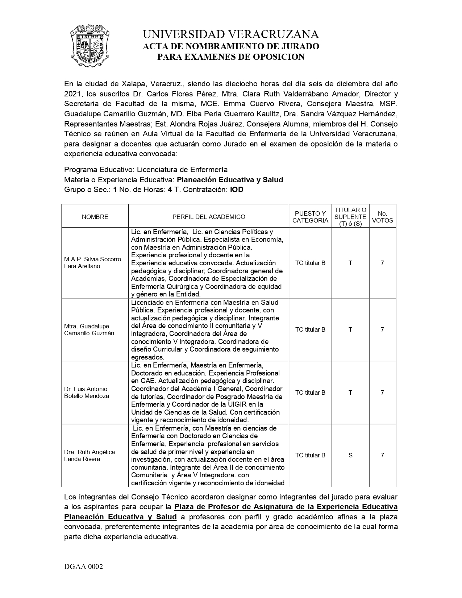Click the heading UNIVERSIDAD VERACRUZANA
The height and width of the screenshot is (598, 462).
[230, 34]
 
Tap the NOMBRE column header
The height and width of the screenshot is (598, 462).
[95, 217]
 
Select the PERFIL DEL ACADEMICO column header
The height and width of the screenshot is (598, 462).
[209, 217]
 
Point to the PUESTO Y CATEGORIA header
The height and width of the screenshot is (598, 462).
[310, 217]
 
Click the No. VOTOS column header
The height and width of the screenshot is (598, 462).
[382, 217]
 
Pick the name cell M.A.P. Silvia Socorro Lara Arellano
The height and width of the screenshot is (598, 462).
[93, 263]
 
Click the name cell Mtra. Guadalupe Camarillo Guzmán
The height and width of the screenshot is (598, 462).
[89, 329]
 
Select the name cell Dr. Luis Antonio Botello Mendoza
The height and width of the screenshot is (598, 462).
[87, 393]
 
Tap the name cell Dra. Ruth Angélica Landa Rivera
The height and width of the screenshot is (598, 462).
[90, 455]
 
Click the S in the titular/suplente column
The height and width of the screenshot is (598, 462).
[350, 455]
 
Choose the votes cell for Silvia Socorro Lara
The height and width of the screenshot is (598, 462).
[382, 263]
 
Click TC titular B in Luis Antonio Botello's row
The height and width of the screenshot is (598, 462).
[310, 393]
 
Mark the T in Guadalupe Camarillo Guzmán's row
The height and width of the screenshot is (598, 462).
[350, 329]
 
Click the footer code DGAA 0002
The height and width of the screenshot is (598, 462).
[84, 567]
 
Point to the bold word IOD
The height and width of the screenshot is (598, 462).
[237, 190]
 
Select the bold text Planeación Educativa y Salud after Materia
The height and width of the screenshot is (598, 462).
[230, 180]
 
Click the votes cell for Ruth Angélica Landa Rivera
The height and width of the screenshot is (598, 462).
[382, 455]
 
